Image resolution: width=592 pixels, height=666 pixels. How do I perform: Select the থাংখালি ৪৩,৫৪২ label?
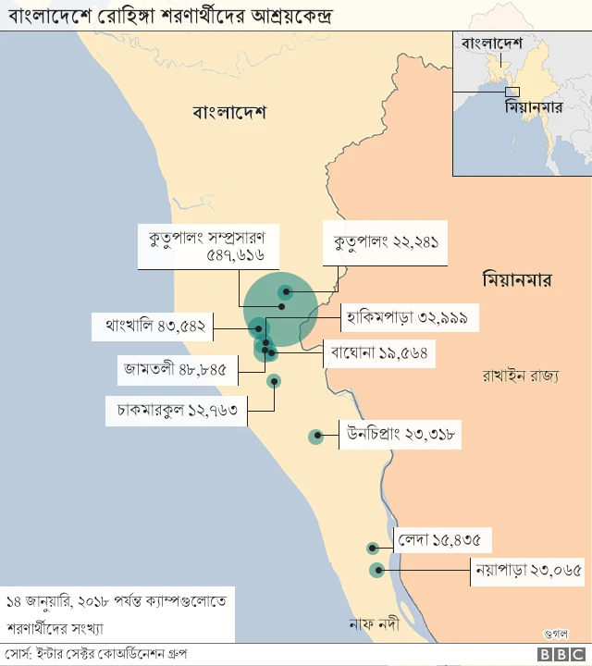click(154, 327)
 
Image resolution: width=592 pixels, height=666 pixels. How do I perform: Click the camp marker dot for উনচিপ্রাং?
click(316, 435)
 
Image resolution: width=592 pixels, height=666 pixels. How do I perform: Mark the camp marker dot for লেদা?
click(372, 549)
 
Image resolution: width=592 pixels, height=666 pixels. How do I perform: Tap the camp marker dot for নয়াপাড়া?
click(376, 571)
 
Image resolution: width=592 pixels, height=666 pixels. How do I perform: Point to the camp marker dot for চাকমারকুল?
click(274, 380)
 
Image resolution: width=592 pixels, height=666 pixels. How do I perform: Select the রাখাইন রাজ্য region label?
click(520, 376)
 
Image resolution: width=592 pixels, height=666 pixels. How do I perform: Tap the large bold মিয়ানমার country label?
click(516, 278)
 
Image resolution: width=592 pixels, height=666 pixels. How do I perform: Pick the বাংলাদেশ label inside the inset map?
click(491, 43)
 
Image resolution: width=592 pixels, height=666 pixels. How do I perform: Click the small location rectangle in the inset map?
click(513, 92)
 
